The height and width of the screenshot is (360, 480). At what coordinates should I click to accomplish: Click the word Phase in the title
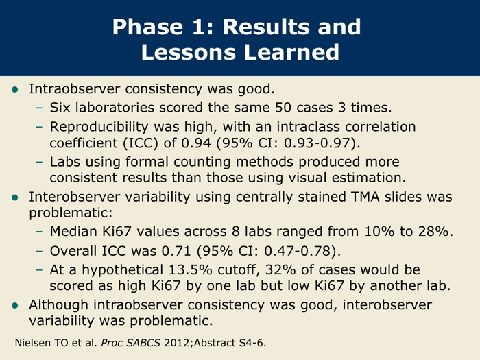coord(147,27)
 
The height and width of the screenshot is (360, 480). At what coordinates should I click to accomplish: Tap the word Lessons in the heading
coord(189,52)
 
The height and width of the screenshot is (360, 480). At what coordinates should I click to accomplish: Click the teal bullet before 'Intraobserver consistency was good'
coord(14,89)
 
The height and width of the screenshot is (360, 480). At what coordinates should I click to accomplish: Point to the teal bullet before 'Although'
coord(14,305)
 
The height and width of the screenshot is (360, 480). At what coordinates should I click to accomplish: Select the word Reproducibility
coord(99,127)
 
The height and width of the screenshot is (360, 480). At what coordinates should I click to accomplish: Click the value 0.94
coord(196,143)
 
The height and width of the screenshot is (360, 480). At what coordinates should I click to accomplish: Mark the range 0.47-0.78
coord(297,251)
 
